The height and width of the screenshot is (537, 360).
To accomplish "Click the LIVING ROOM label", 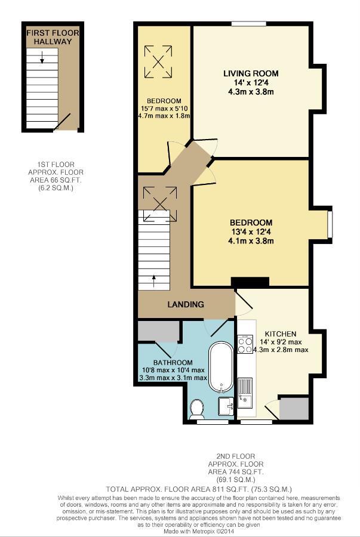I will (251, 73).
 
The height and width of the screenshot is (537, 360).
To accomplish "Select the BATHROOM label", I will (173, 362).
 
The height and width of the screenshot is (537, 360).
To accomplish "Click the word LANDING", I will (185, 304).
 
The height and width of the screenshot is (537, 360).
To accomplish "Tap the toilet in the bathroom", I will (196, 409).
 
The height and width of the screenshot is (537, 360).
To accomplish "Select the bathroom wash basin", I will (226, 406).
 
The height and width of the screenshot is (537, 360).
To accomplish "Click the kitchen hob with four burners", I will (245, 345).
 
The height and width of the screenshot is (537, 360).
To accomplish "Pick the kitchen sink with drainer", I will (245, 391).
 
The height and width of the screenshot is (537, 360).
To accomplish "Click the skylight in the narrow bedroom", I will (159, 60).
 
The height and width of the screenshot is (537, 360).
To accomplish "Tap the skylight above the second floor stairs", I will (159, 198).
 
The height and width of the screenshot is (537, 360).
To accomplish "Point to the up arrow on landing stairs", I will (153, 278).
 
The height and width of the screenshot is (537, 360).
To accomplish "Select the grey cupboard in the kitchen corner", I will (294, 408).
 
